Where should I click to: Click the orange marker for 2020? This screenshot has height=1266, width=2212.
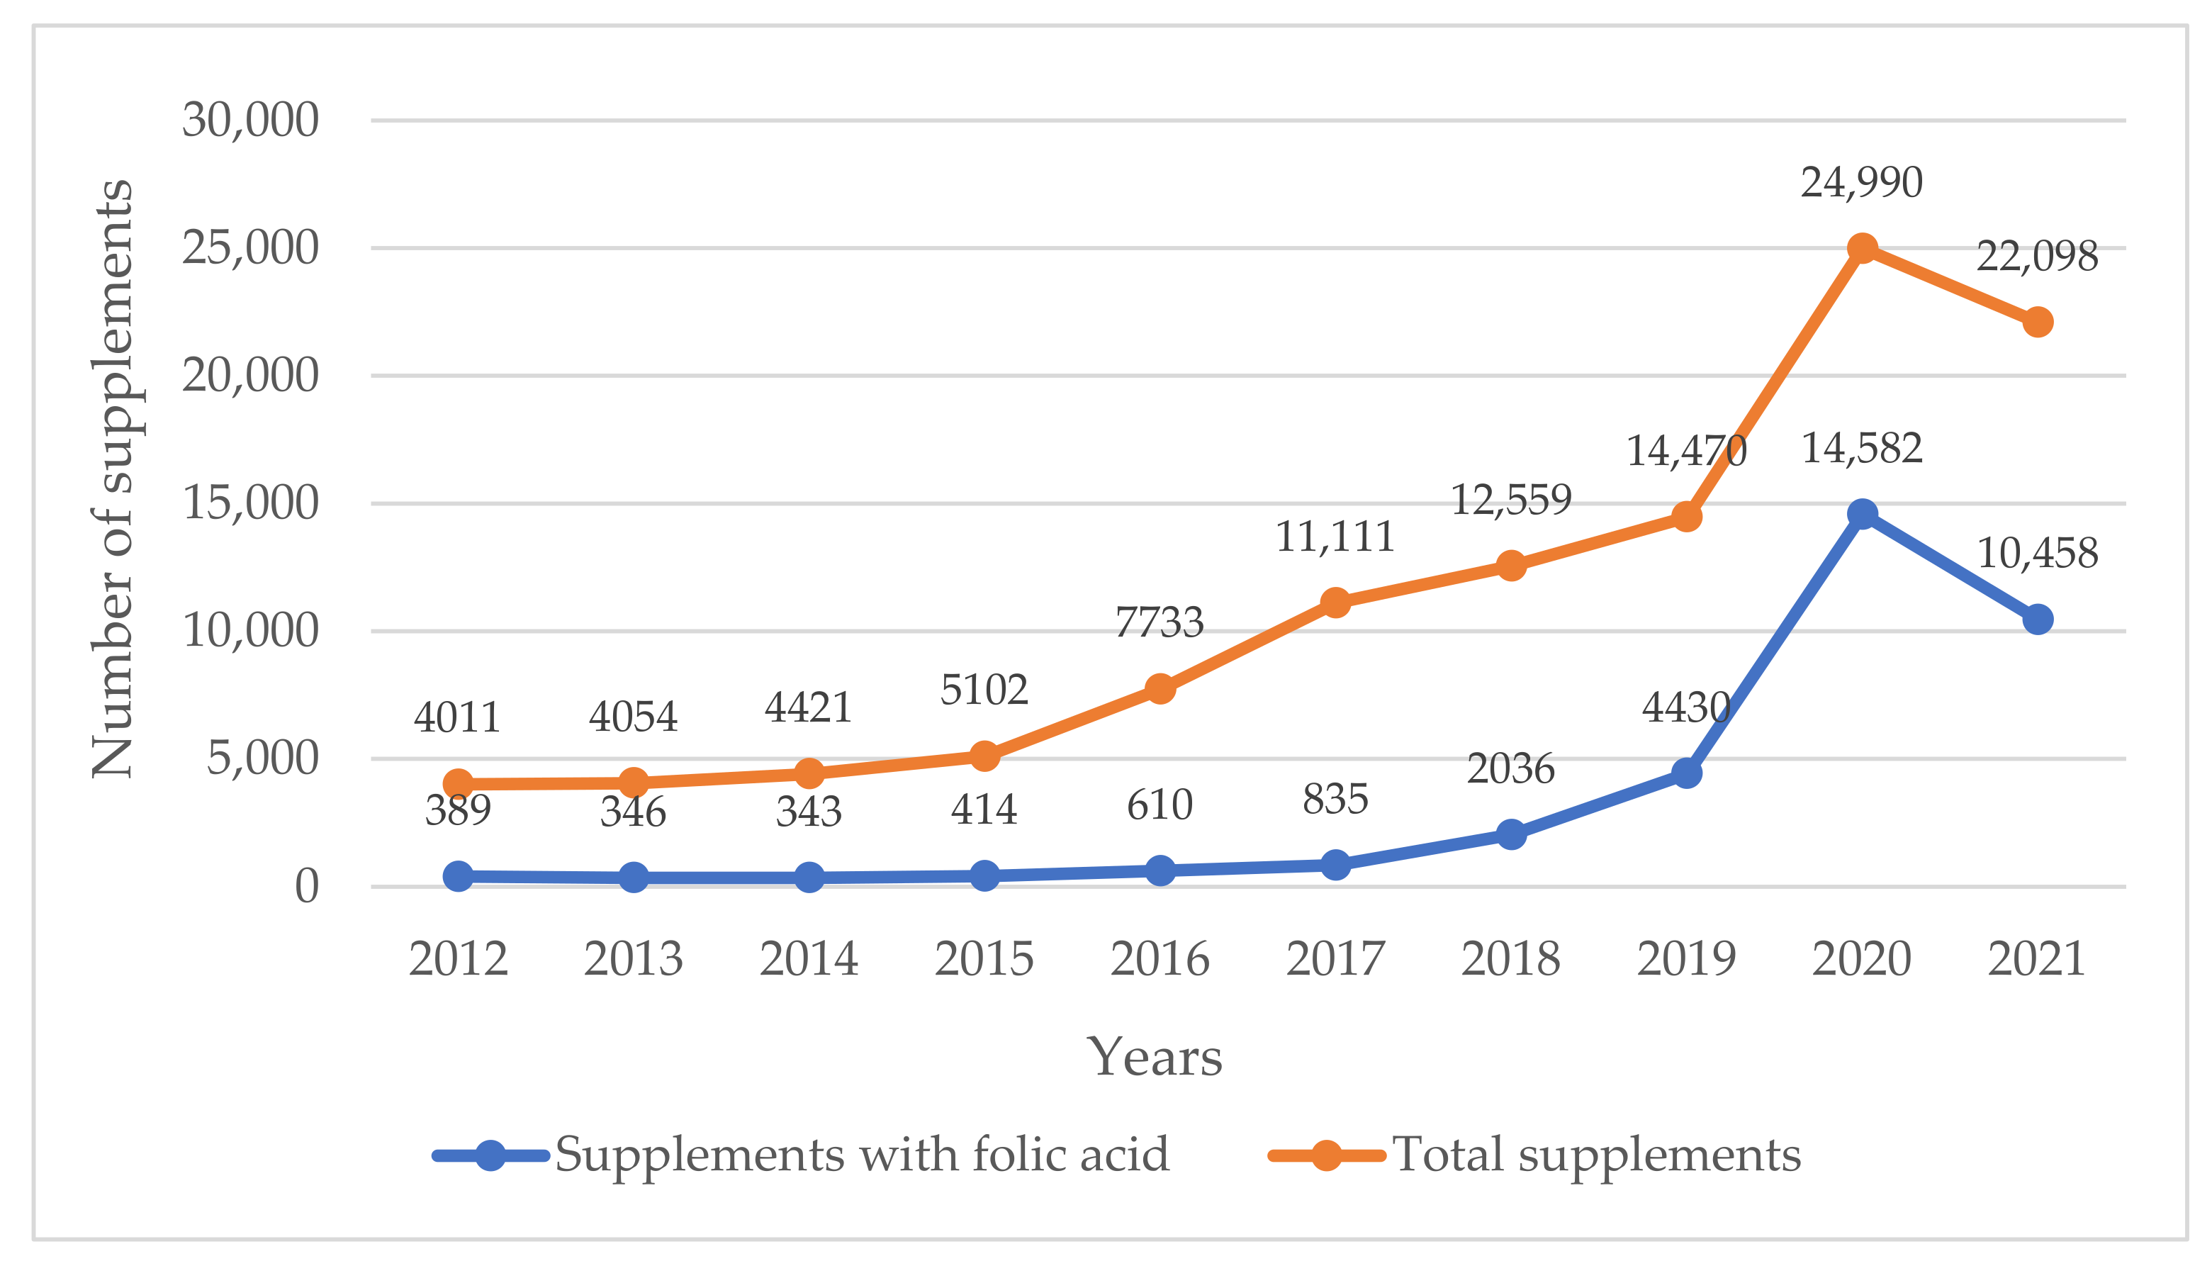[1861, 249]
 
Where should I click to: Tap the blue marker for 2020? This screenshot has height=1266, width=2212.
[1861, 514]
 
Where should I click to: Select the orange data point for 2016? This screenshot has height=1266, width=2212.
[1160, 689]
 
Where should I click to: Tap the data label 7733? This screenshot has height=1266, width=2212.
[1160, 622]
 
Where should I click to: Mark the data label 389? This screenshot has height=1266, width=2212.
[458, 810]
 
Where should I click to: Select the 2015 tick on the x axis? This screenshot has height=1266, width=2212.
[984, 959]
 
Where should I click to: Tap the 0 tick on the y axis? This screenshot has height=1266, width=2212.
[306, 887]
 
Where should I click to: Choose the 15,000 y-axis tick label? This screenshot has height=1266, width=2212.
[250, 503]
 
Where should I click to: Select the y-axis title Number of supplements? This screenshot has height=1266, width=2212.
[113, 478]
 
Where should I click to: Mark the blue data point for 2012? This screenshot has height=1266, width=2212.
[458, 875]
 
